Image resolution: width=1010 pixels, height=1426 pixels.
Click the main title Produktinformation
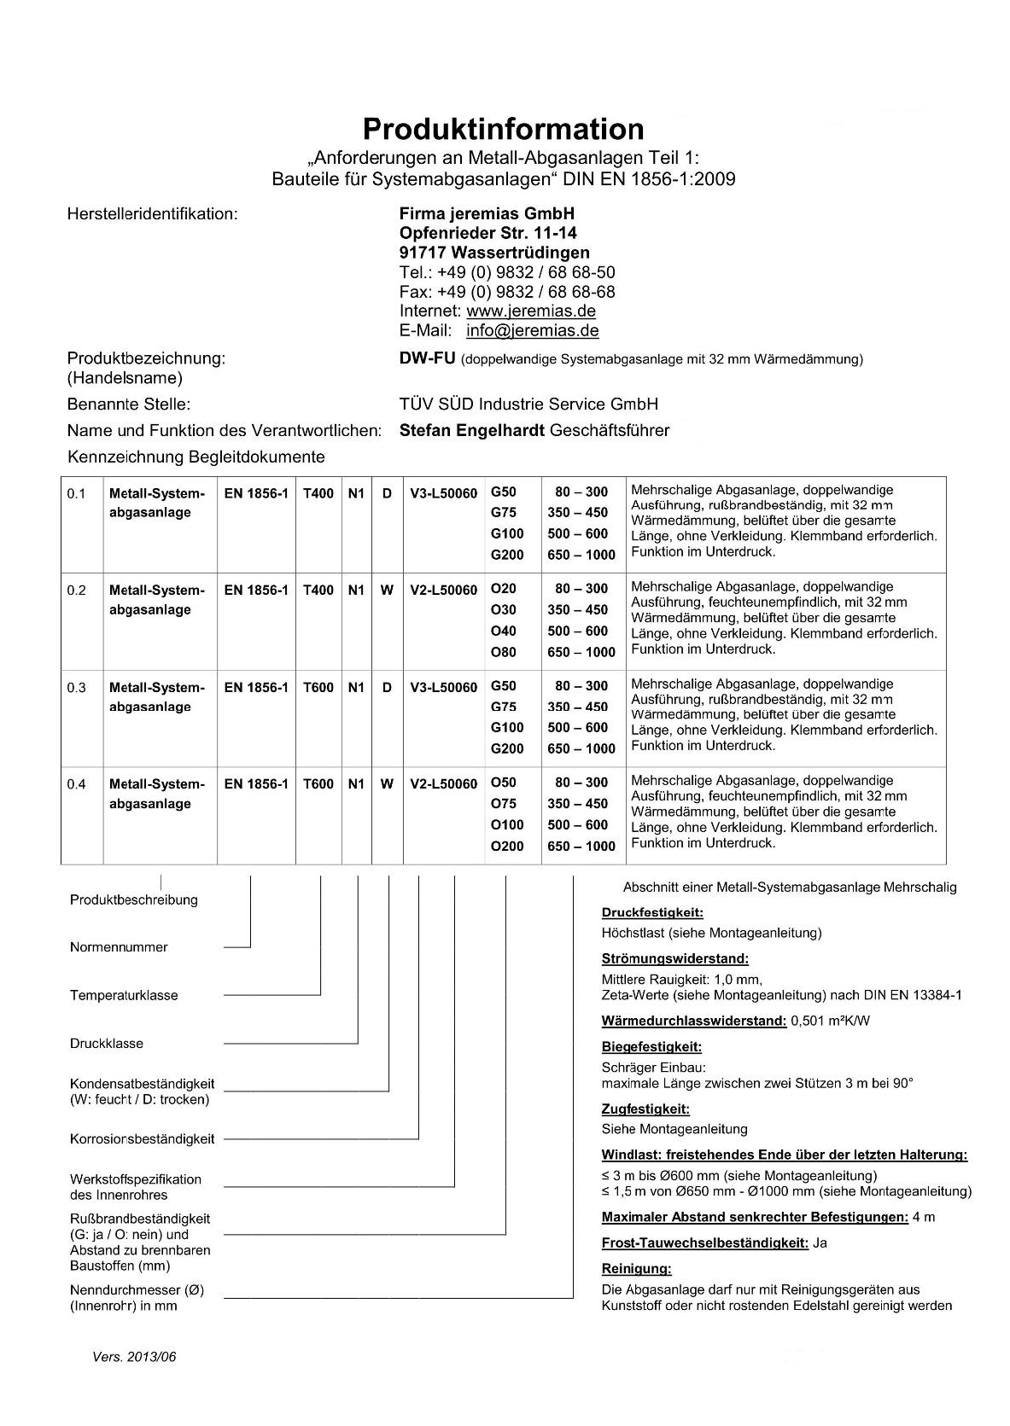504,129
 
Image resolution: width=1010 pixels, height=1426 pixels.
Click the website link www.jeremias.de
530,311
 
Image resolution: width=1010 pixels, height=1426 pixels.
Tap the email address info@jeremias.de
532,330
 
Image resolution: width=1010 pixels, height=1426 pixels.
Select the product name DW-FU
427,358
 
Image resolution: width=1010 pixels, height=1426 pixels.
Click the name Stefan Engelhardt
471,430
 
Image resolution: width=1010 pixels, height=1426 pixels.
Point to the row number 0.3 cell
77,687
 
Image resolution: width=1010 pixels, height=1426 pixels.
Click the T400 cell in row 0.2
318,590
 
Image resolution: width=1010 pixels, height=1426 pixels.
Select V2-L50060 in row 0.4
443,783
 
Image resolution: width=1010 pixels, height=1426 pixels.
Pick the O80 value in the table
504,652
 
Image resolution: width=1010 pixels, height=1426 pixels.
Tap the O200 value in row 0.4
507,846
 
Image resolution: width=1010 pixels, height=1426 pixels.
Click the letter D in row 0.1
387,492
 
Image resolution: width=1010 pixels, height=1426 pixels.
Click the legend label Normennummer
119,947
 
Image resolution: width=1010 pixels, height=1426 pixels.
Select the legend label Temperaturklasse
124,995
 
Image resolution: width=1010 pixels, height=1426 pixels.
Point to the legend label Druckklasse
107,1043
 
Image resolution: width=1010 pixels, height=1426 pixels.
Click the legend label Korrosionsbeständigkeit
142,1138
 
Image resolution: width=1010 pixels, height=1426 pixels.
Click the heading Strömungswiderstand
674,958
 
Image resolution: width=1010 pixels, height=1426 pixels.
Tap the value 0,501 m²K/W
831,1021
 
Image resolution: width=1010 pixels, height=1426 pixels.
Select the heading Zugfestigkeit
645,1109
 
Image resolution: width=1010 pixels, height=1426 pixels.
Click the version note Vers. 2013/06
134,1357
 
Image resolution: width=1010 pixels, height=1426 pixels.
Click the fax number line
507,291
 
